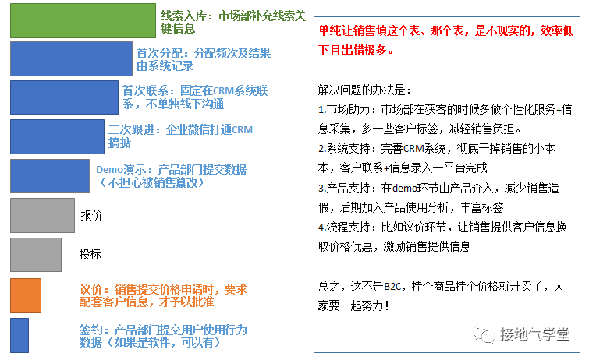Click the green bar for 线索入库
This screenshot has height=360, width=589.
pyautogui.click(x=83, y=20)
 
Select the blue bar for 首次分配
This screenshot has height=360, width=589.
pyautogui.click(x=71, y=59)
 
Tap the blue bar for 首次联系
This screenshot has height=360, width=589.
pyautogui.click(x=64, y=97)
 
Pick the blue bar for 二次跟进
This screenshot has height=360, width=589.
pyautogui.click(x=57, y=136)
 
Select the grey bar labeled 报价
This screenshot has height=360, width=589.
pyautogui.click(x=42, y=215)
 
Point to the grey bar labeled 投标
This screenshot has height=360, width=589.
pyautogui.click(x=35, y=254)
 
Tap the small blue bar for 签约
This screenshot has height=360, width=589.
pyautogui.click(x=20, y=334)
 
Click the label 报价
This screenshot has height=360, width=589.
pyautogui.click(x=91, y=214)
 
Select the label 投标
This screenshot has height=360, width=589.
pyautogui.click(x=90, y=254)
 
